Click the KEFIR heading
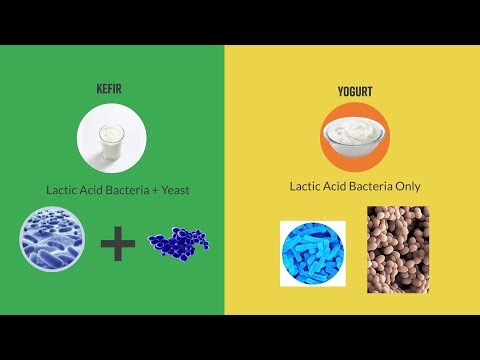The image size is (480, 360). pos(110,89)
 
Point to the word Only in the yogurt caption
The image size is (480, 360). pos(407,185)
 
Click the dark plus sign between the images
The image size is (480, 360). pos(118,242)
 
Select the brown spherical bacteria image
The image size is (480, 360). pos(398,250)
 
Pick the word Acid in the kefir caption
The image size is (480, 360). pos(93,189)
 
